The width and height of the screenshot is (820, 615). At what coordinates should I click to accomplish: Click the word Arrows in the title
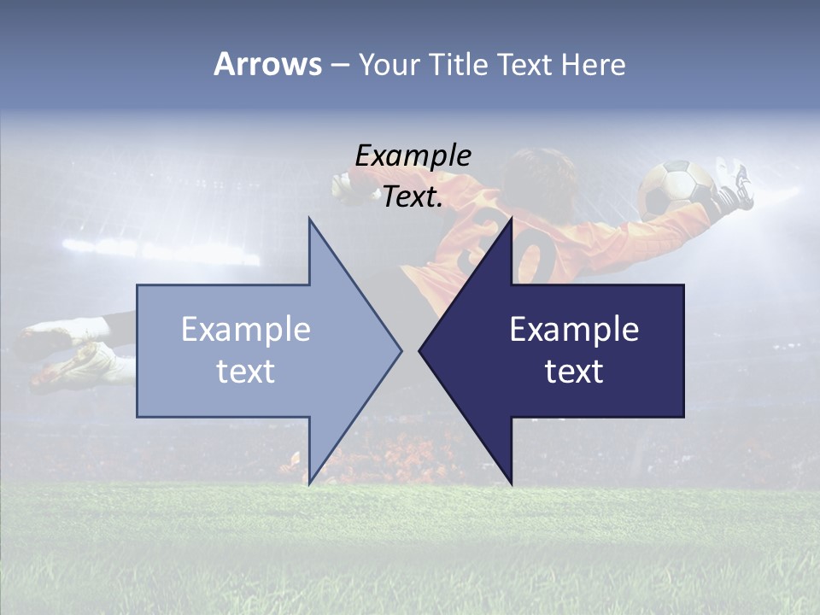pyautogui.click(x=267, y=64)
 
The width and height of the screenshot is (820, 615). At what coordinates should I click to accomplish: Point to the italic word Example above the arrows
pyautogui.click(x=413, y=156)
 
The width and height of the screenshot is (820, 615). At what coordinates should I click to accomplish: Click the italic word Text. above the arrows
pyautogui.click(x=413, y=197)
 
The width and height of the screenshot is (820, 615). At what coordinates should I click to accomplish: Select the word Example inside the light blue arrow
pyautogui.click(x=246, y=330)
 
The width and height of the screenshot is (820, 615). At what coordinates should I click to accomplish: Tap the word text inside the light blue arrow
pyautogui.click(x=246, y=371)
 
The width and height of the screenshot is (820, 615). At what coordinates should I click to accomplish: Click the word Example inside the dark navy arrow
pyautogui.click(x=574, y=330)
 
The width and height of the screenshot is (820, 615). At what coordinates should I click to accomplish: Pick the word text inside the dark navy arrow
pyautogui.click(x=574, y=371)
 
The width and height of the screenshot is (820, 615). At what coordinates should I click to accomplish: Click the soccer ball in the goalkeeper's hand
pyautogui.click(x=676, y=186)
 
